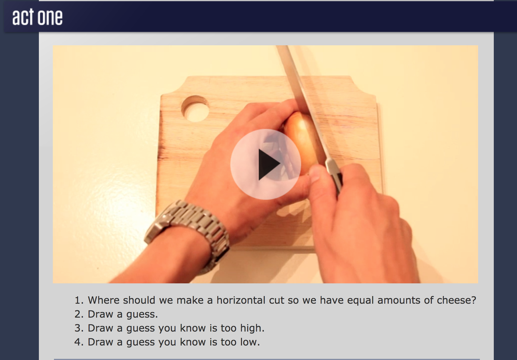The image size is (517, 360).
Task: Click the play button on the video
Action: pyautogui.click(x=265, y=164)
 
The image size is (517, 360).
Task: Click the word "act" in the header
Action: pyautogui.click(x=23, y=17)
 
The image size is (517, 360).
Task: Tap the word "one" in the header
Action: pyautogui.click(x=50, y=17)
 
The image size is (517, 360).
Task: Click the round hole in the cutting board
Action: pyautogui.click(x=195, y=109)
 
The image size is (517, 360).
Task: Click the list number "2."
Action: pyautogui.click(x=79, y=314)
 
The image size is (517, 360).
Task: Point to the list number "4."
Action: pyautogui.click(x=79, y=342)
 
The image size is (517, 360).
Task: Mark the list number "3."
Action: pyautogui.click(x=79, y=328)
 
